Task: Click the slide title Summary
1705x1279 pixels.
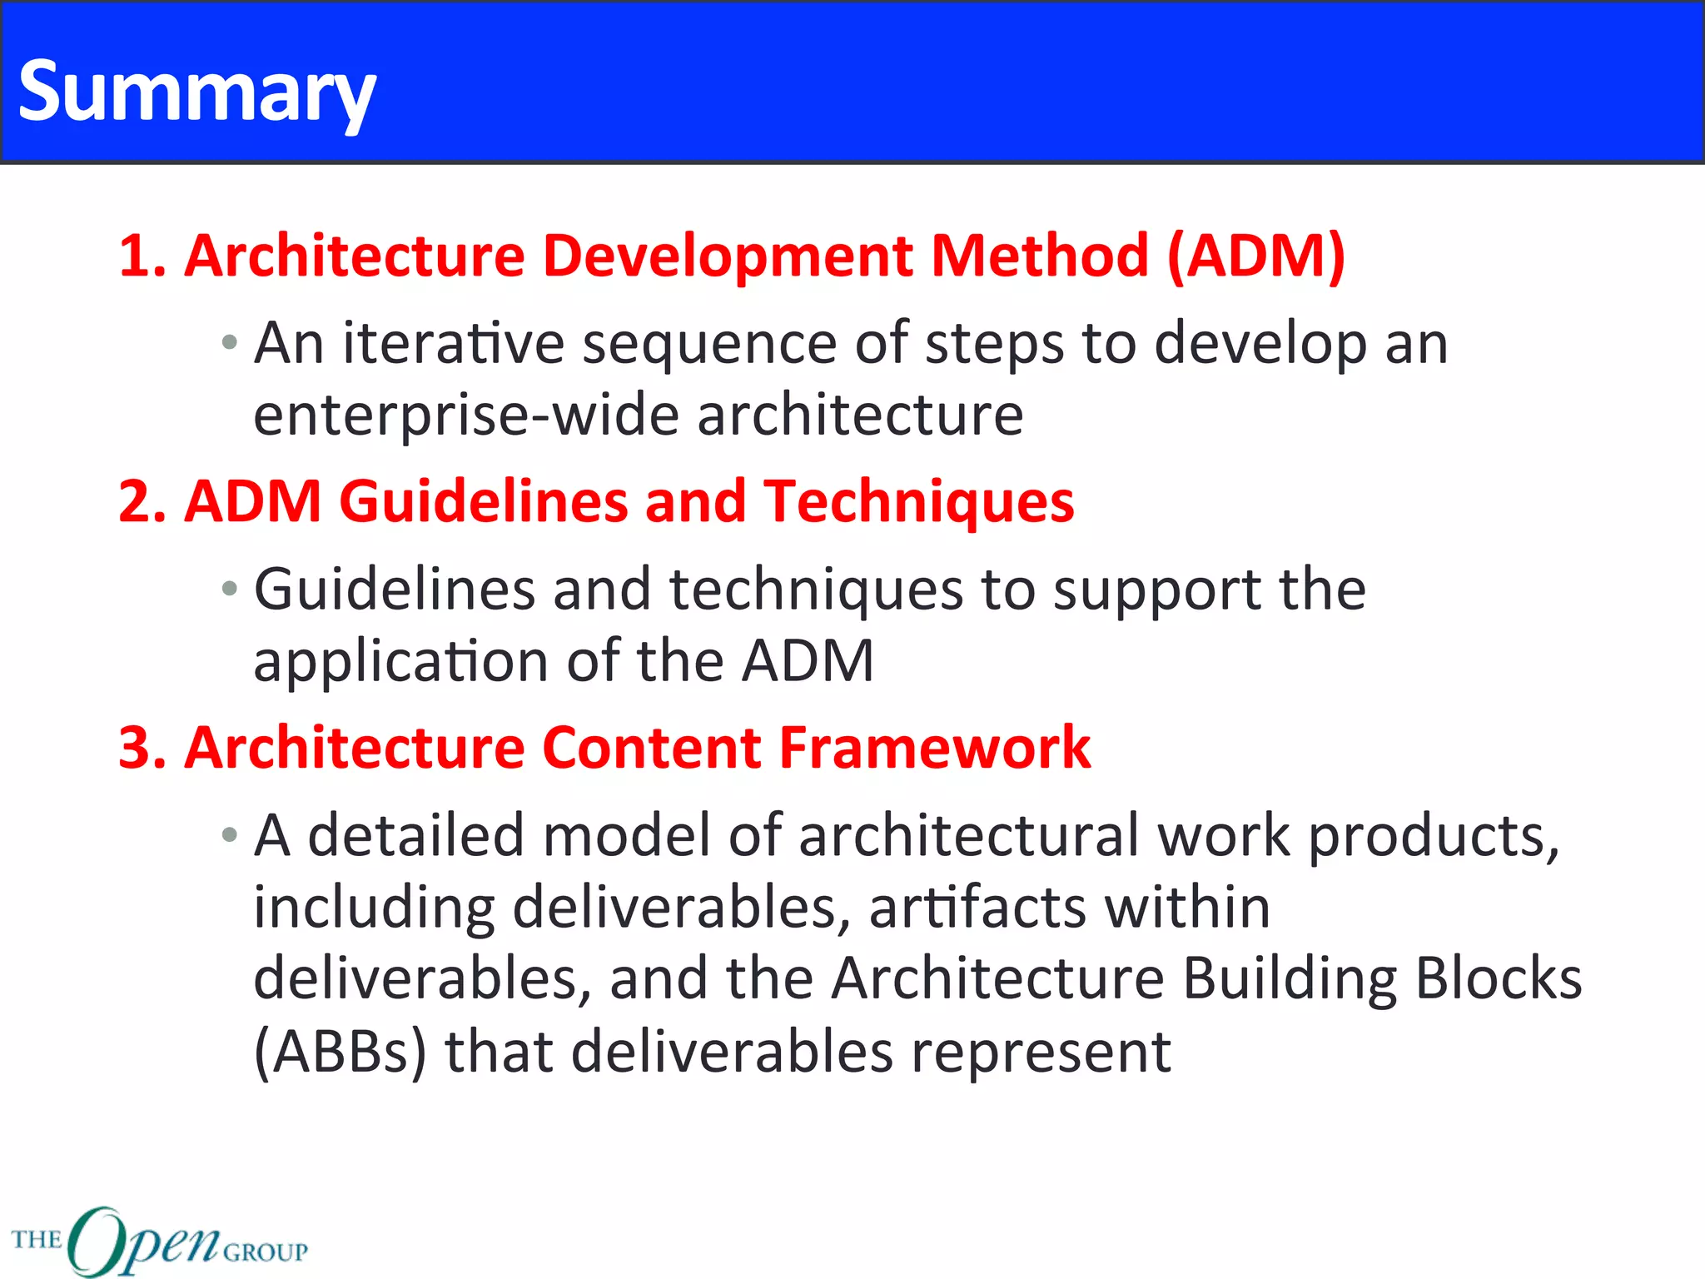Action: click(196, 92)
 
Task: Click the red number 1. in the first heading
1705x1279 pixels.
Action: click(142, 256)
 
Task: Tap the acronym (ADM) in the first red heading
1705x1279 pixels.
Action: click(1255, 256)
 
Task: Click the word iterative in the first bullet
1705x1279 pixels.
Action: click(454, 343)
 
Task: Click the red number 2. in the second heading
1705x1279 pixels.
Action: click(142, 502)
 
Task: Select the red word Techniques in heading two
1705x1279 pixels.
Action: click(919, 502)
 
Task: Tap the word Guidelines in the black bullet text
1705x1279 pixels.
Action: click(394, 590)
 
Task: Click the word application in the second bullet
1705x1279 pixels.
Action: click(400, 662)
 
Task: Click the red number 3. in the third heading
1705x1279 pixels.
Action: click(142, 748)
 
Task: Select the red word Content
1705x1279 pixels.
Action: click(652, 748)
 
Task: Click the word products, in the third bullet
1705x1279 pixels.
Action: click(1433, 836)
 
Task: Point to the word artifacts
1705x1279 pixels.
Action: click(977, 908)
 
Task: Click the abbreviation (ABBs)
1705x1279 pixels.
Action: click(340, 1052)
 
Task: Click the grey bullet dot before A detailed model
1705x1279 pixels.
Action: click(230, 835)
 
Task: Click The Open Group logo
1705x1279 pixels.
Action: click(158, 1241)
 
